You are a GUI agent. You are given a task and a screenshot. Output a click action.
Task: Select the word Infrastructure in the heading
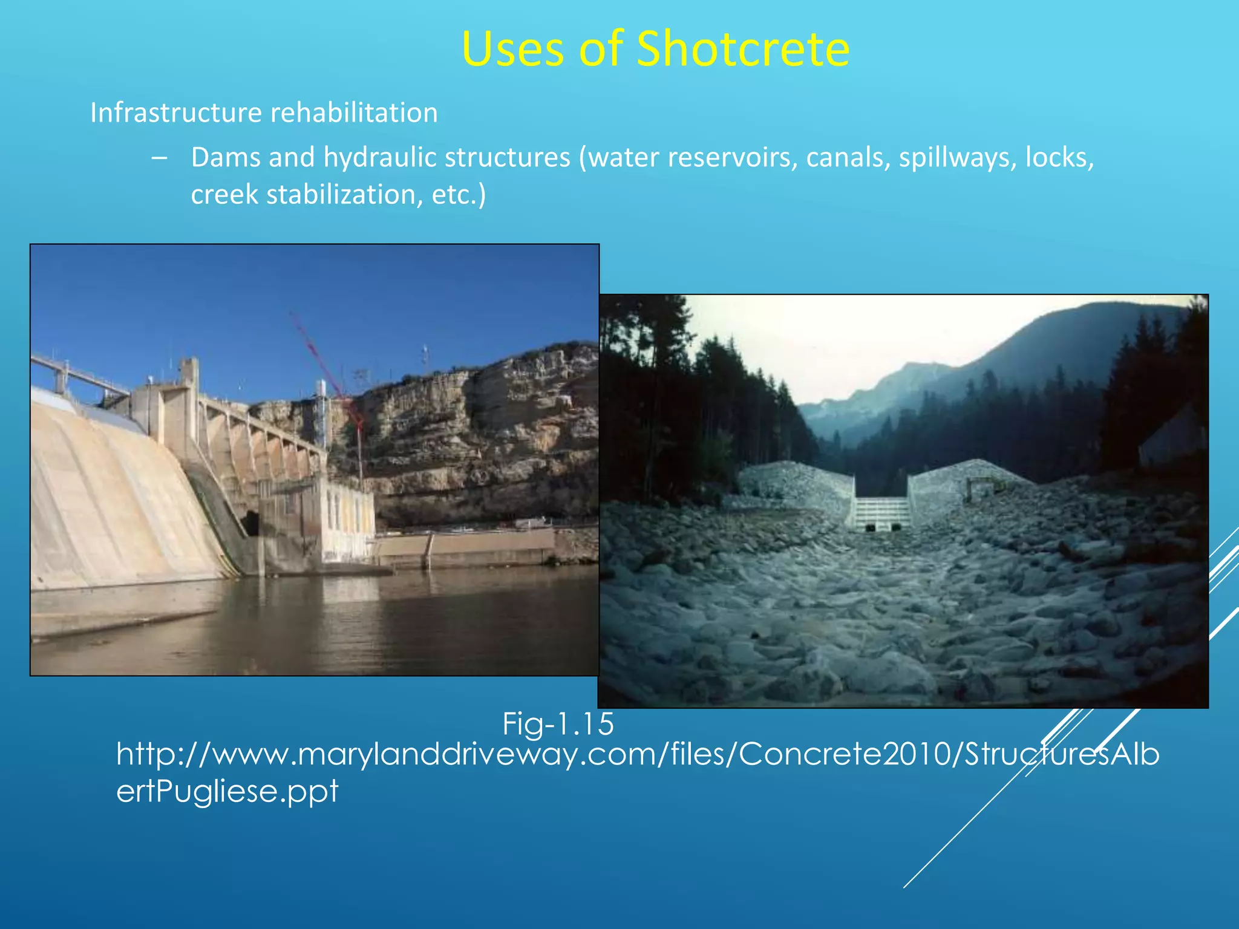coord(175,113)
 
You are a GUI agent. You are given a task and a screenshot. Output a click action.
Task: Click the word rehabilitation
coord(354,113)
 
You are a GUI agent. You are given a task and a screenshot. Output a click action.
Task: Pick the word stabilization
coord(344,195)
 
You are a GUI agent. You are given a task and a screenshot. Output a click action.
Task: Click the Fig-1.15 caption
coord(558,724)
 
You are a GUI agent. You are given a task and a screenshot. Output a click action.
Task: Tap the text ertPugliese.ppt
coord(227,791)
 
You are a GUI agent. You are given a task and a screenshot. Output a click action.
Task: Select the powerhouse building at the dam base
coord(345,520)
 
